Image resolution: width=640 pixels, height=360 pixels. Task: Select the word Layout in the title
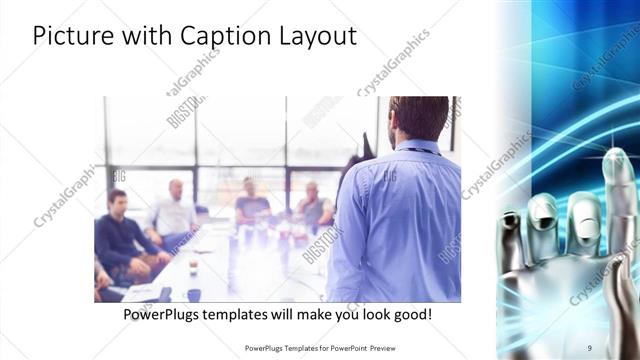(315, 37)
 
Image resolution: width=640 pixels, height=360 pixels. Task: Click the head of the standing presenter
(418, 118)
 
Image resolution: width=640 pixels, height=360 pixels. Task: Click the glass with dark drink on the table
(193, 268)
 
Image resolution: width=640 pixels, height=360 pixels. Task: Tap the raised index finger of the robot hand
(618, 190)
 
